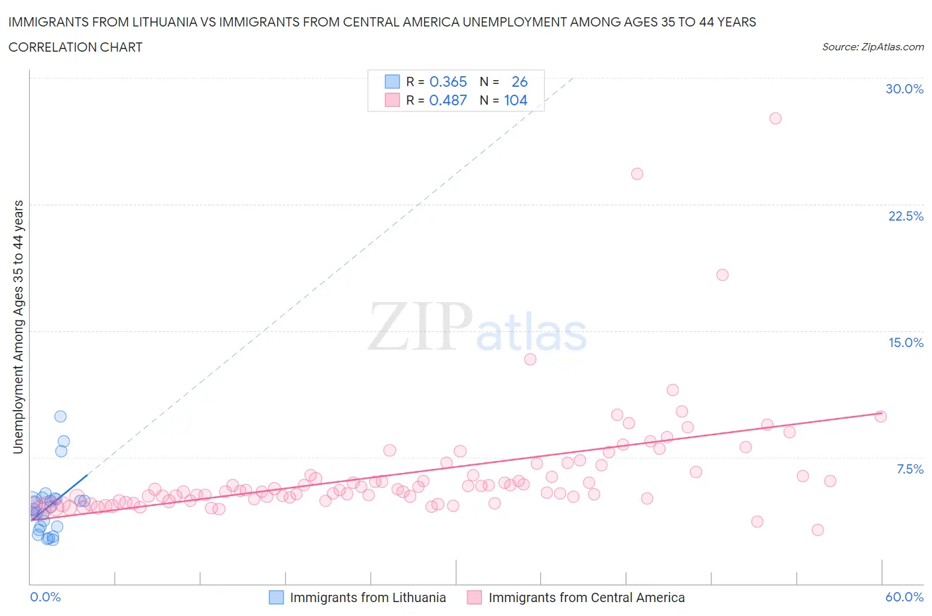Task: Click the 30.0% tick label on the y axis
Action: (x=904, y=89)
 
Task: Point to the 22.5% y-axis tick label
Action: (x=905, y=216)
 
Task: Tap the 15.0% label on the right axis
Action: (x=905, y=342)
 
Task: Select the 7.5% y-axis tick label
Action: (x=909, y=469)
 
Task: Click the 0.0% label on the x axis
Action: (x=45, y=597)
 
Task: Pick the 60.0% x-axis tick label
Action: (x=904, y=597)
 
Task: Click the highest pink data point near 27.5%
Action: (x=775, y=119)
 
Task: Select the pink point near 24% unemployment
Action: (x=637, y=174)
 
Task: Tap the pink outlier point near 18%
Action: (x=723, y=275)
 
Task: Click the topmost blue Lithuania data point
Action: (x=60, y=417)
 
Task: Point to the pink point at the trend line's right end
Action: (x=880, y=417)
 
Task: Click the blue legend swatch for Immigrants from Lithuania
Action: (x=276, y=597)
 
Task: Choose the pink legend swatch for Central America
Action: (x=474, y=597)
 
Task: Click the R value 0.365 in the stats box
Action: (x=448, y=81)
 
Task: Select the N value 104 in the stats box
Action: (x=516, y=100)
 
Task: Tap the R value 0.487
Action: (x=448, y=100)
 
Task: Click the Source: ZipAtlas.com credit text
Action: (x=872, y=47)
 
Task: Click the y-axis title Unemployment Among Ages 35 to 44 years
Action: (x=18, y=327)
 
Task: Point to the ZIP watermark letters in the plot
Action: (x=419, y=327)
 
